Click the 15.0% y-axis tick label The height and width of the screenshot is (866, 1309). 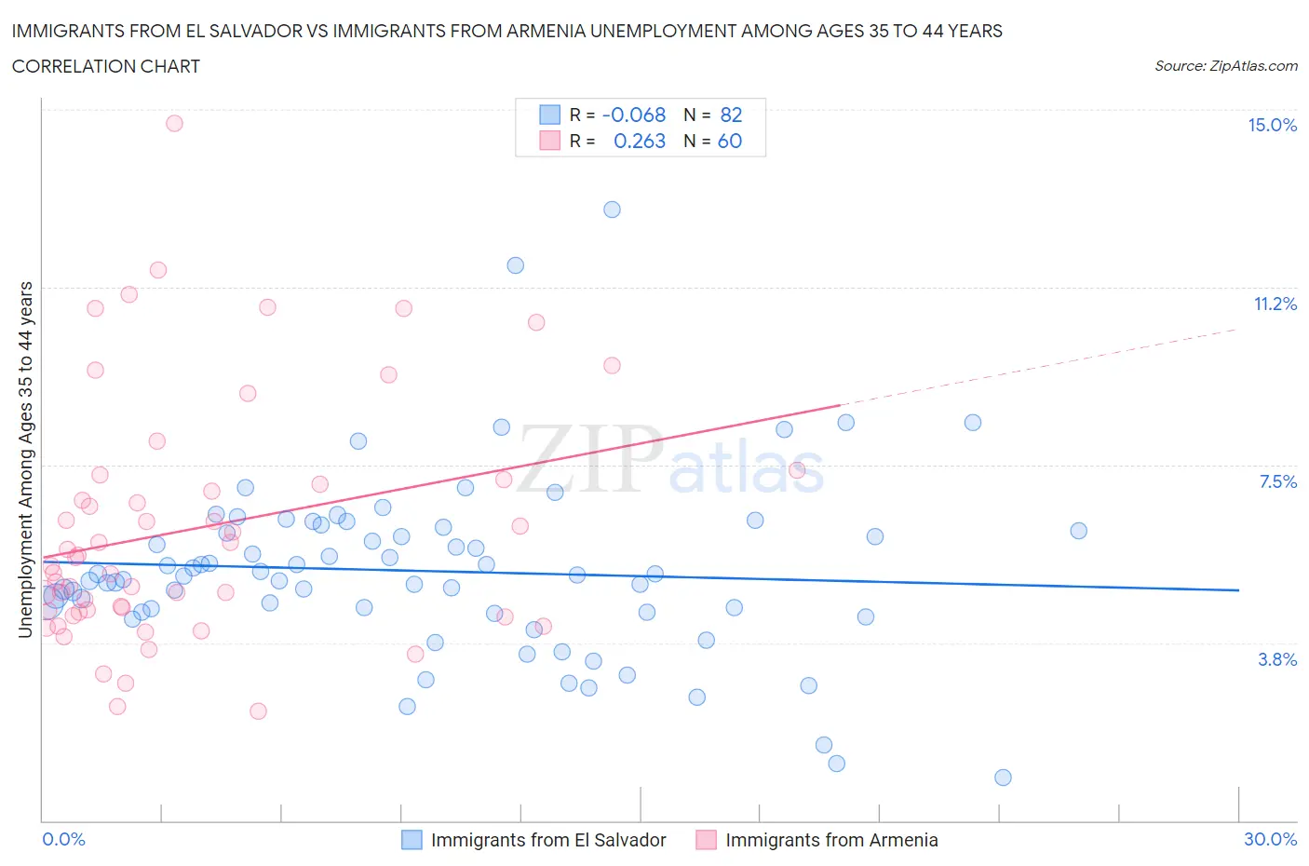coord(1272,125)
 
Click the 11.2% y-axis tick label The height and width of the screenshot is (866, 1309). coord(1275,304)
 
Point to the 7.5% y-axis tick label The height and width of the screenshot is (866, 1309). coord(1277,481)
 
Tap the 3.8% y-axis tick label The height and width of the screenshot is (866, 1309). coord(1277,659)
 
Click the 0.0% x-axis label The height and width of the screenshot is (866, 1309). coord(63,839)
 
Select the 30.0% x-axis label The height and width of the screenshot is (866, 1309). coord(1270,839)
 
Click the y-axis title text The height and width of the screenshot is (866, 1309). coord(25,459)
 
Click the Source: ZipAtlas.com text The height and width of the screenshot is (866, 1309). coord(1225,65)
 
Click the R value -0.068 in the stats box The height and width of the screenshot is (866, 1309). coord(634,115)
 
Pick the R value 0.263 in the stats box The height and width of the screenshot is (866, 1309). coord(640,141)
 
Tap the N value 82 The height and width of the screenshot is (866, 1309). coord(731,115)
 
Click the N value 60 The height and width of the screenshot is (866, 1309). coord(730,141)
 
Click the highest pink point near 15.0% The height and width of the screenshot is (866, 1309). coord(174,123)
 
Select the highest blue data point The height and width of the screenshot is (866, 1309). coord(612,210)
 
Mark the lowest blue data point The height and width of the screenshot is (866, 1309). coord(1003,778)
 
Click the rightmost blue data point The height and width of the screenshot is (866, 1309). coord(1078,531)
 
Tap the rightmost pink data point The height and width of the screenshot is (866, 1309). coord(797,469)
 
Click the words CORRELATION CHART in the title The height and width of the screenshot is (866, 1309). coord(106,66)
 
